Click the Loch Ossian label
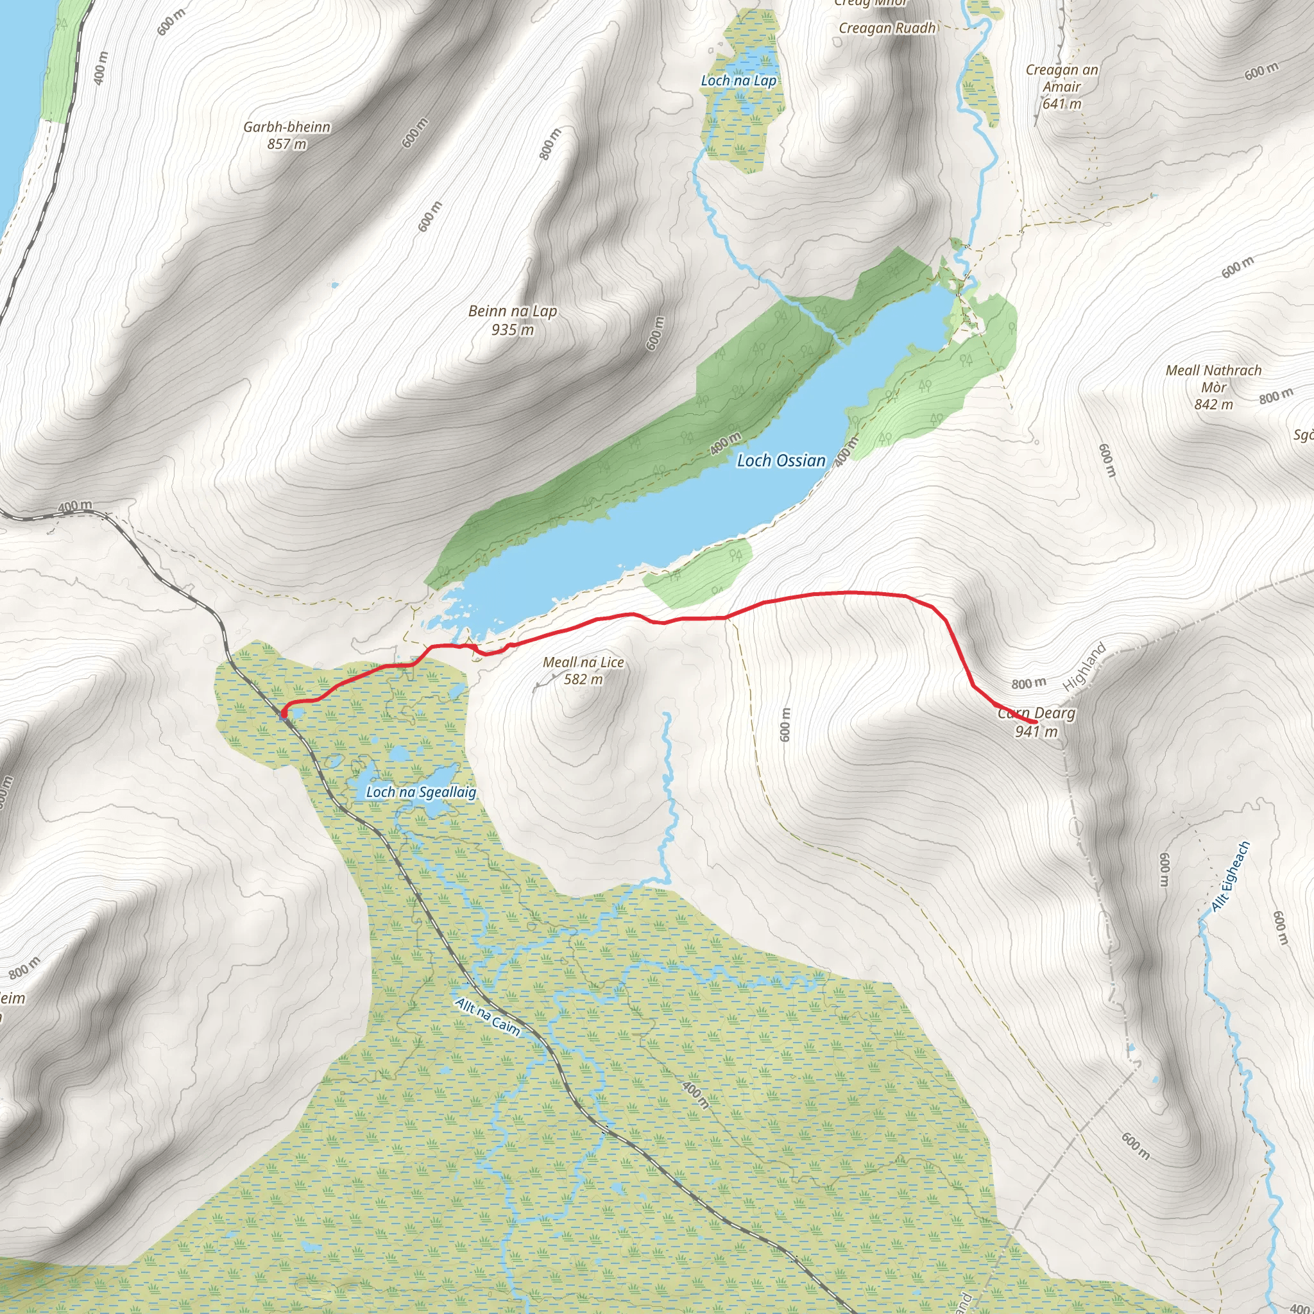tap(781, 461)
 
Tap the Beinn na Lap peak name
tap(512, 311)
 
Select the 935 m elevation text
tap(512, 330)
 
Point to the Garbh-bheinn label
tap(286, 127)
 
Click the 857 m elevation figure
tap(286, 144)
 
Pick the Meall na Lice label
tap(583, 661)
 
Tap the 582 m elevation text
tap(583, 679)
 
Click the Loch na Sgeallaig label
tap(421, 792)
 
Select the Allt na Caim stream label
tap(488, 1017)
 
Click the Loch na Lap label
tap(738, 80)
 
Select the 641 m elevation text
tap(1062, 104)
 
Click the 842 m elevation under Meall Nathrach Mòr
tap(1213, 405)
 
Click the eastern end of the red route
tap(1035, 722)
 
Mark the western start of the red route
tap(282, 713)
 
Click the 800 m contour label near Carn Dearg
tap(1028, 683)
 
